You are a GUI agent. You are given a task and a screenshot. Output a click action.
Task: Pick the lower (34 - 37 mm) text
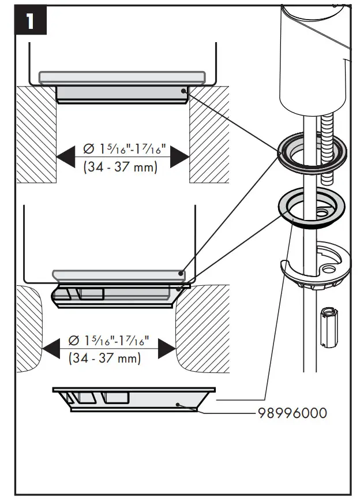105,358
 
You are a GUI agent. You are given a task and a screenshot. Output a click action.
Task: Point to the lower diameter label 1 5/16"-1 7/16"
110,341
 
